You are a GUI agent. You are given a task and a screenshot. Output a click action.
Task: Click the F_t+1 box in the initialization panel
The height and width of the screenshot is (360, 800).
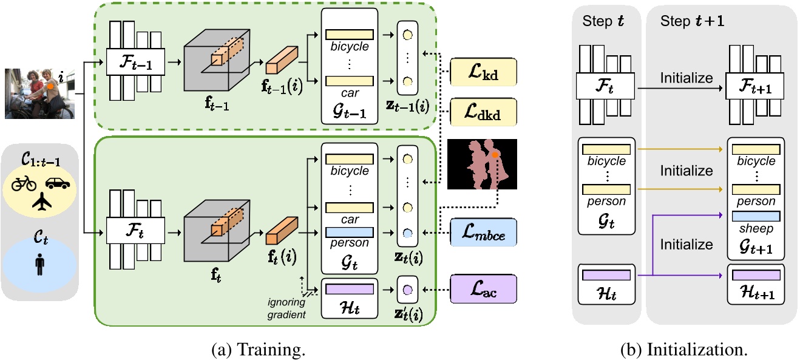[752, 87]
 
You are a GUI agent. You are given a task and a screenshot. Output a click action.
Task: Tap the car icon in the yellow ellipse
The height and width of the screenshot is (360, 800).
[57, 182]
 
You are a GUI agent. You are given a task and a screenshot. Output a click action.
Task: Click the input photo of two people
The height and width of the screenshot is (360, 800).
[39, 93]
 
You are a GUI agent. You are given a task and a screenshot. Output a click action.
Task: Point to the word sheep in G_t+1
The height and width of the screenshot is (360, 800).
[755, 229]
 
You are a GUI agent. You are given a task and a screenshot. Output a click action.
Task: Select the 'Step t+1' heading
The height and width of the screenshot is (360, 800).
[686, 22]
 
